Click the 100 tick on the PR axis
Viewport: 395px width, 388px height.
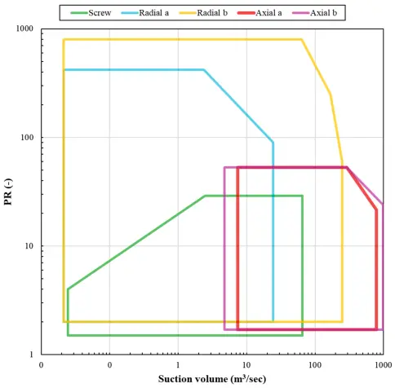click(x=28, y=138)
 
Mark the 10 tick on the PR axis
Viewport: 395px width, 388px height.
click(x=29, y=246)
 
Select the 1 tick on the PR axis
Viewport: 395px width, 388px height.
click(x=32, y=355)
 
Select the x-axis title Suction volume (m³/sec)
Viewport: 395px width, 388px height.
click(x=211, y=380)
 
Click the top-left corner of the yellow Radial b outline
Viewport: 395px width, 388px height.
click(x=64, y=39)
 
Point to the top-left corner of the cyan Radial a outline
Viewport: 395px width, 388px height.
click(x=64, y=70)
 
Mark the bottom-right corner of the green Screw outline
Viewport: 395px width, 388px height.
click(x=302, y=335)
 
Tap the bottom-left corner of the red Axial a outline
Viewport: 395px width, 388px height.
click(x=237, y=329)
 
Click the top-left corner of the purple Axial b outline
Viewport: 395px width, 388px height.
click(x=224, y=168)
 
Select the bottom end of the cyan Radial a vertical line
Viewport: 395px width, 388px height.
click(x=273, y=321)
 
